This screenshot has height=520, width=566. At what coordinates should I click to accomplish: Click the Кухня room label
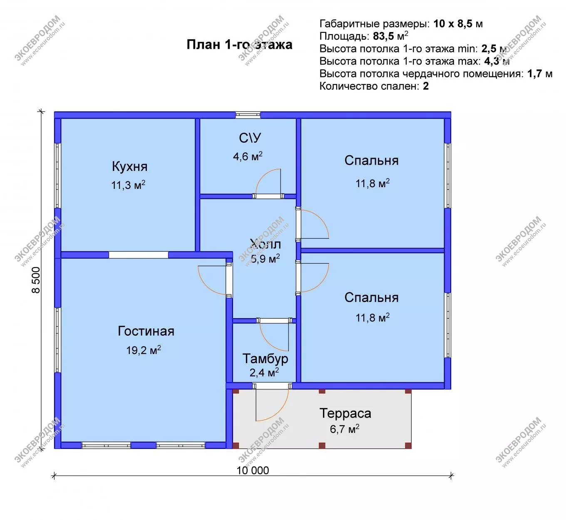[129, 166]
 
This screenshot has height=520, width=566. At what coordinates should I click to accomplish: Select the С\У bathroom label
[250, 138]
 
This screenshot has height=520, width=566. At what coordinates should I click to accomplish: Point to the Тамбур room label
[265, 359]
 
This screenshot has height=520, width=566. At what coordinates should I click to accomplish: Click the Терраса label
[345, 414]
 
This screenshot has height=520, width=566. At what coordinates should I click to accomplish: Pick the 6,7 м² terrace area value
[345, 429]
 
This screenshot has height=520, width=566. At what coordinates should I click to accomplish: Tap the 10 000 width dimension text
[253, 470]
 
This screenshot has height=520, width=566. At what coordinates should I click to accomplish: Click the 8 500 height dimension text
[36, 280]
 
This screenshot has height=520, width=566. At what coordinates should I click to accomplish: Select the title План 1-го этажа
[239, 45]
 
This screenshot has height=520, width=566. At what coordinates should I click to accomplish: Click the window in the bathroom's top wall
[248, 114]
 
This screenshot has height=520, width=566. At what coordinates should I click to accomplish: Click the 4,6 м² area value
[248, 156]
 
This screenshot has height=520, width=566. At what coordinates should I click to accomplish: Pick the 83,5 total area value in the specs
[383, 36]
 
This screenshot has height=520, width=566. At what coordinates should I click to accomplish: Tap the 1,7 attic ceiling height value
[535, 74]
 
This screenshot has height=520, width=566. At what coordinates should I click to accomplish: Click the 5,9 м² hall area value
[265, 258]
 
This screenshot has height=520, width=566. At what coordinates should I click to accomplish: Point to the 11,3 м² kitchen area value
[128, 185]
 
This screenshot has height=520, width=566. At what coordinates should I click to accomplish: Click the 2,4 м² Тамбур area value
[264, 373]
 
